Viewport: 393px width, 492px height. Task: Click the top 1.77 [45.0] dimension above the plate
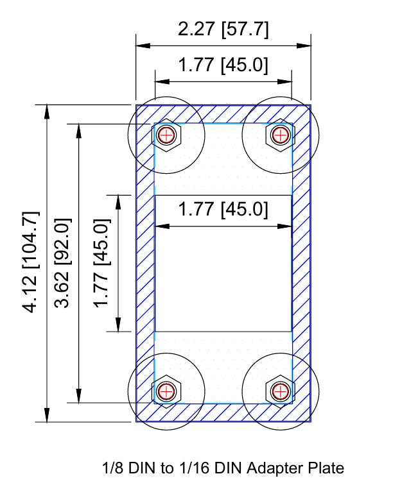[x=223, y=65]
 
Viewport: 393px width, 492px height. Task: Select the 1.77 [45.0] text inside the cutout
[x=223, y=210]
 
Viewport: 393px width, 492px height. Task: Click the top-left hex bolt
[x=167, y=135]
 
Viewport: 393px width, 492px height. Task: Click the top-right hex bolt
[x=280, y=135]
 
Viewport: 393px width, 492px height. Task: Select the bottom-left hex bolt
[x=167, y=390]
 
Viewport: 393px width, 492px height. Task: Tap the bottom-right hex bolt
[x=280, y=390]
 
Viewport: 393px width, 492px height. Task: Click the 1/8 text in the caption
[x=113, y=469]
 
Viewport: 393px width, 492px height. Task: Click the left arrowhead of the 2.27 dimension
[x=140, y=46]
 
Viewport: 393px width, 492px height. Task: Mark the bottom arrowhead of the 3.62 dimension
[x=78, y=398]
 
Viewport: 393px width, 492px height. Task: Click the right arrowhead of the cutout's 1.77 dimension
[x=288, y=226]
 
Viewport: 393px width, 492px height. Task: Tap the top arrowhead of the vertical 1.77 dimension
[x=118, y=199]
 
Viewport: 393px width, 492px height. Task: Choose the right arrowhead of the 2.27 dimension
[x=306, y=46]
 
